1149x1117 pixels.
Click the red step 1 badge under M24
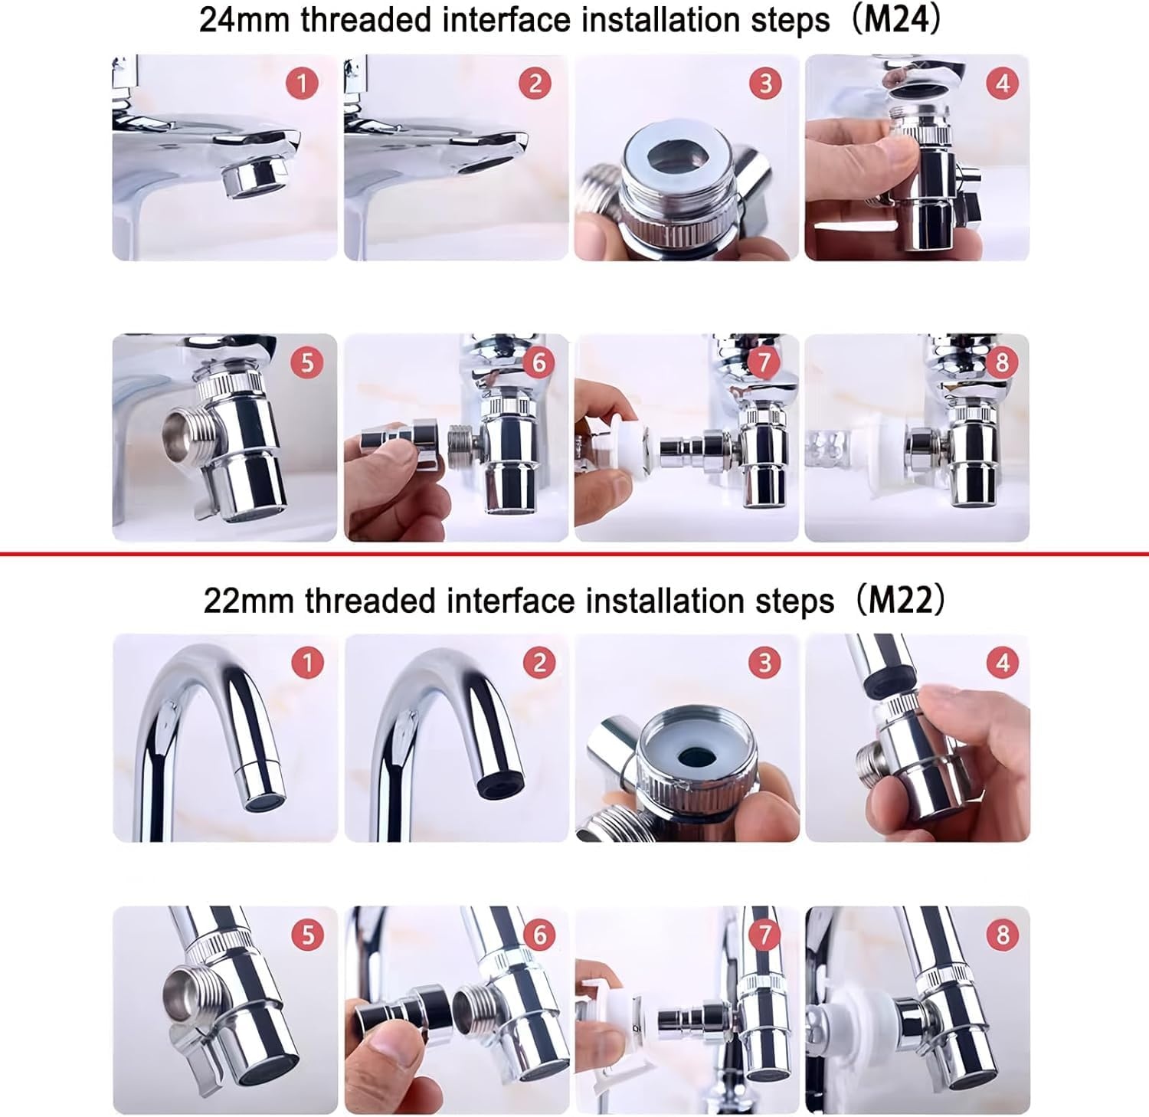tap(302, 83)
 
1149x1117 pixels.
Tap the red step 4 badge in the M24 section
tap(1002, 83)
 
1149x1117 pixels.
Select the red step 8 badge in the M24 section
tap(1002, 362)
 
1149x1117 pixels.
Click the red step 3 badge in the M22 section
tap(765, 662)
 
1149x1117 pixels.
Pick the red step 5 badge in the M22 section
tap(308, 935)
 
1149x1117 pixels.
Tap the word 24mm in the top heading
tap(245, 21)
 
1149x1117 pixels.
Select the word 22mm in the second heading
tap(249, 601)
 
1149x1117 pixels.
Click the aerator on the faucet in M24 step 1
tap(251, 180)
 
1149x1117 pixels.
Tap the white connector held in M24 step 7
tap(627, 444)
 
